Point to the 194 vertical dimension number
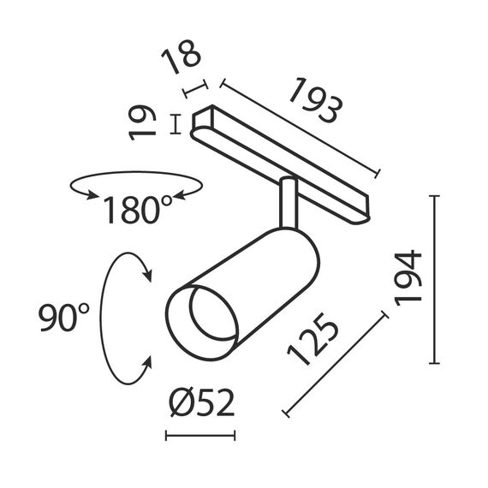410,277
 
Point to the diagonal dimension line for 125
335,366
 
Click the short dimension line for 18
196,88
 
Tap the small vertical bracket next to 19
176,124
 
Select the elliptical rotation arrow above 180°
137,182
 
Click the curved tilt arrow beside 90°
107,317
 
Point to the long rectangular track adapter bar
283,162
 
